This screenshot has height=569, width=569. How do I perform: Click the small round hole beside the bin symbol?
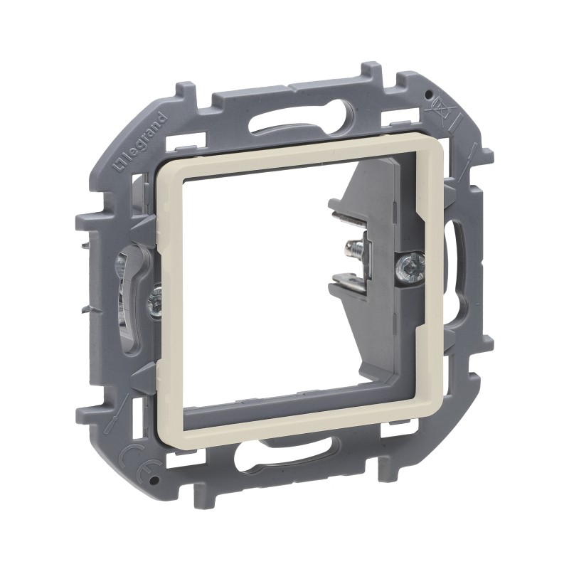tap(428, 94)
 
